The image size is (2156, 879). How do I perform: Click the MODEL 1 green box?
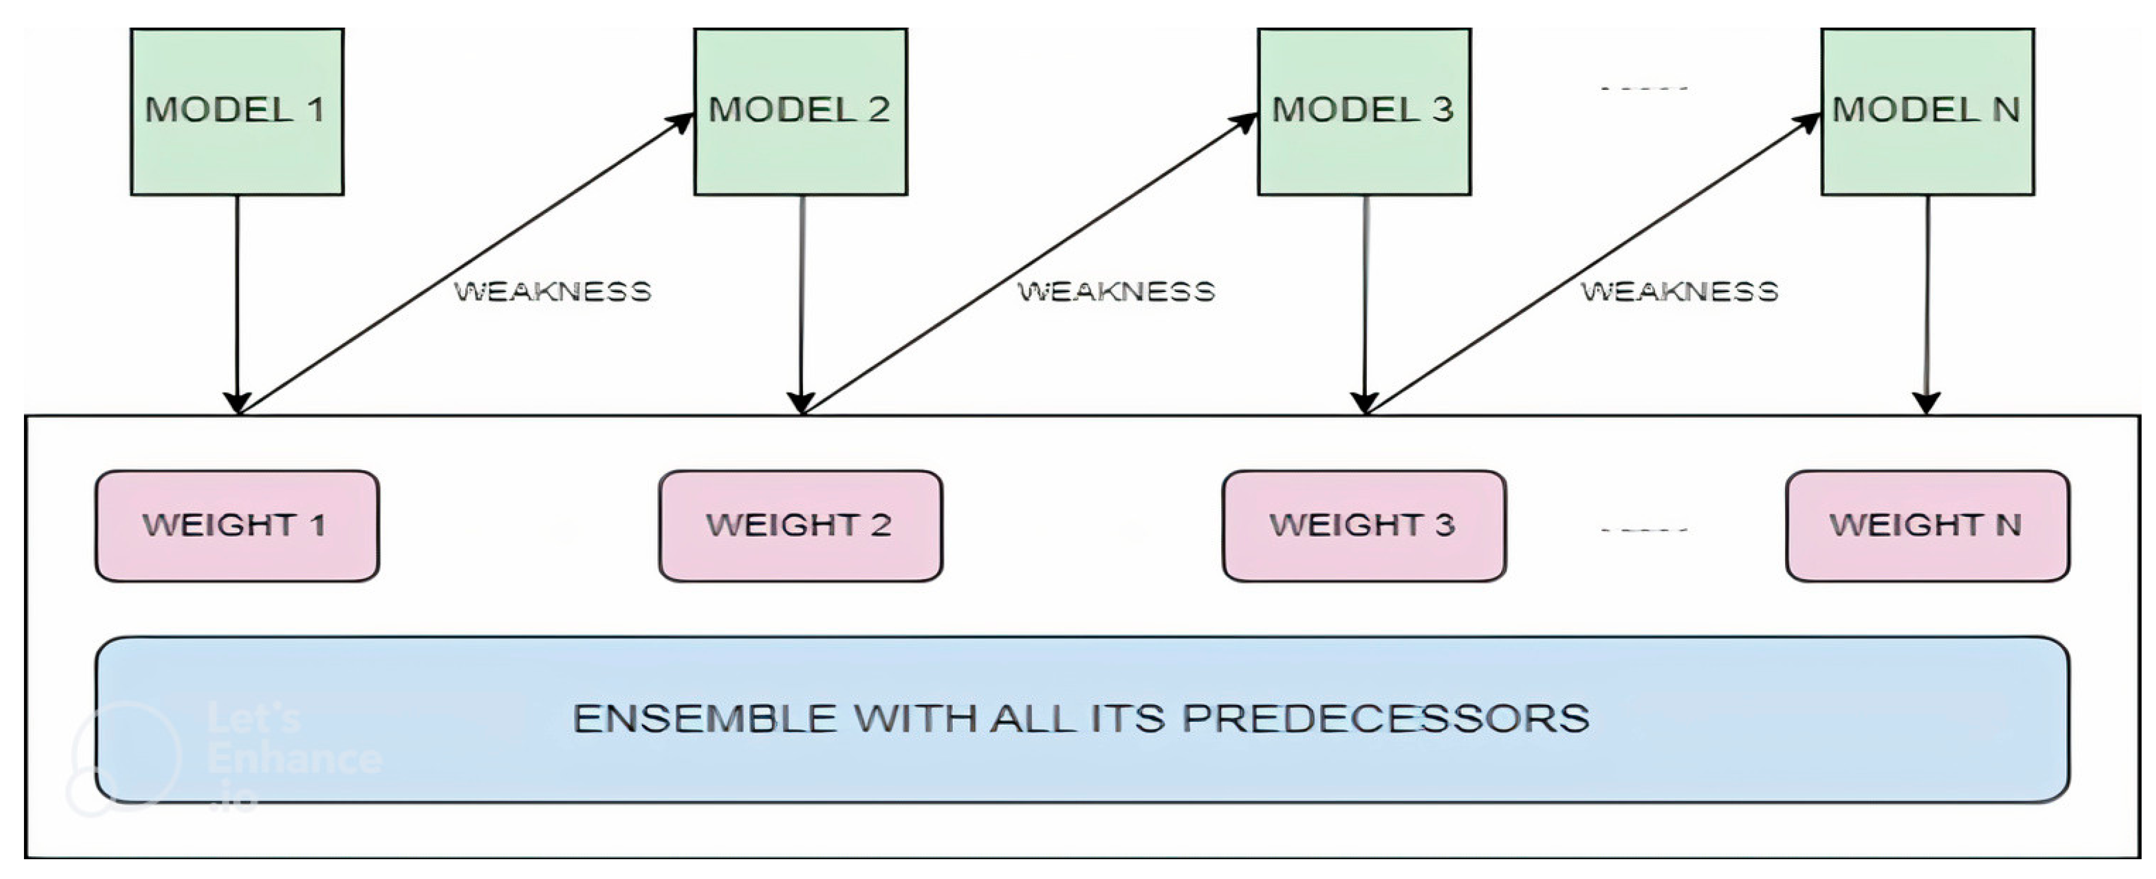click(237, 112)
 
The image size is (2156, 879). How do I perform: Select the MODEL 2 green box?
click(800, 112)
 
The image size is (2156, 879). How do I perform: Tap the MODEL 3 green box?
click(1364, 112)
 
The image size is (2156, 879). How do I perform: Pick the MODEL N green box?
click(1928, 112)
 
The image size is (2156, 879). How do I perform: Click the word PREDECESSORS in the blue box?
click(1385, 718)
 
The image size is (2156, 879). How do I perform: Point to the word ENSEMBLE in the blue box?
click(705, 718)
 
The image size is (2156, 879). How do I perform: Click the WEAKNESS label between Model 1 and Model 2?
click(552, 291)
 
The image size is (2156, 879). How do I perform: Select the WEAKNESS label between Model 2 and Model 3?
click(1116, 291)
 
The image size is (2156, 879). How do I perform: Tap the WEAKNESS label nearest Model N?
click(1679, 291)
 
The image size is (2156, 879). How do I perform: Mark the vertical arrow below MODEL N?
click(1928, 302)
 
